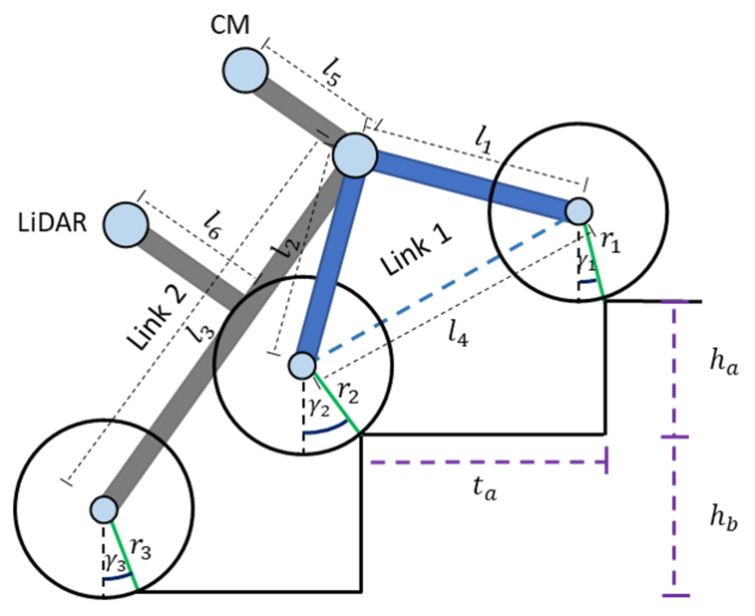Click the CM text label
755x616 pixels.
(230, 25)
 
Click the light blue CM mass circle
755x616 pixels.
(245, 70)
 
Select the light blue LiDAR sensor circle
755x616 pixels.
(125, 224)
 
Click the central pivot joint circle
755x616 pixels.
(355, 155)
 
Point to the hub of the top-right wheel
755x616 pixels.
(579, 211)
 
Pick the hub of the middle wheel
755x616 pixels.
(302, 366)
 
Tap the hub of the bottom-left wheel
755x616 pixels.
(104, 510)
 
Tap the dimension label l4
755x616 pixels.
(458, 334)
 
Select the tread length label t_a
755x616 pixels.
(484, 488)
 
